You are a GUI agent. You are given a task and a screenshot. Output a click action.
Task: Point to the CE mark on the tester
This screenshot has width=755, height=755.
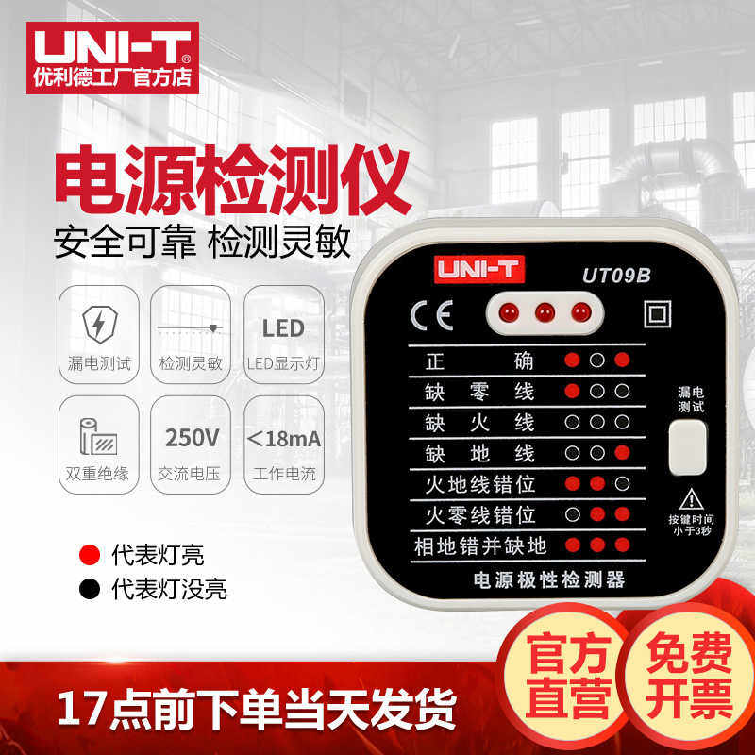coord(430,314)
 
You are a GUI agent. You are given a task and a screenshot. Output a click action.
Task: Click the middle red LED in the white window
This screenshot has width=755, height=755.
coord(544,311)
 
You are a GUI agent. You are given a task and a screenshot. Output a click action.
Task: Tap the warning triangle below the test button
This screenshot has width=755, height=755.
coord(693,498)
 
